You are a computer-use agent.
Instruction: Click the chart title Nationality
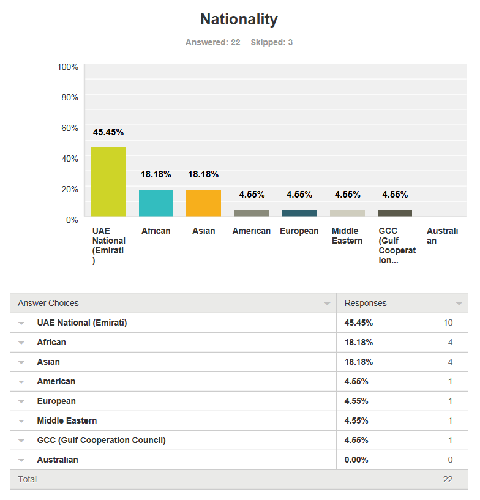coord(239,20)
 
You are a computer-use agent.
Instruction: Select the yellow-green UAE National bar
coord(108,182)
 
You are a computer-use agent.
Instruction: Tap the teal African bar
coord(156,203)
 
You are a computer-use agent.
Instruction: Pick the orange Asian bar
coord(203,203)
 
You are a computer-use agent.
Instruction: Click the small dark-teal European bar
coord(299,213)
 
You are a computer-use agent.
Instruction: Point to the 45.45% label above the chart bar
coord(108,132)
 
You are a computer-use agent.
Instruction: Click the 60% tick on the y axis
coord(68,128)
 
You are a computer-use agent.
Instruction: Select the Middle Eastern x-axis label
coord(347,236)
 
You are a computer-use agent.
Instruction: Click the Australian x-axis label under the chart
coord(441,236)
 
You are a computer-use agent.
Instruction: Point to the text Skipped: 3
coord(271,43)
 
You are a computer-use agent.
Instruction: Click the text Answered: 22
coord(212,43)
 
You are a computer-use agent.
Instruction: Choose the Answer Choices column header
coord(48,303)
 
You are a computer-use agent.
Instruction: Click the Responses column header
coord(366,303)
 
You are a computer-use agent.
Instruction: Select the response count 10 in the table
coord(448,323)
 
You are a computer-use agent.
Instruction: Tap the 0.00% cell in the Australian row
coord(356,460)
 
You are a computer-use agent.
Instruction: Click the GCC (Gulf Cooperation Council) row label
coord(101,440)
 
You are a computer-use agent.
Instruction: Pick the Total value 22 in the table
coord(448,479)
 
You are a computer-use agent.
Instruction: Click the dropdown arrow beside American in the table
coord(21,382)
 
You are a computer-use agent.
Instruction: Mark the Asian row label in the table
coord(48,362)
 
